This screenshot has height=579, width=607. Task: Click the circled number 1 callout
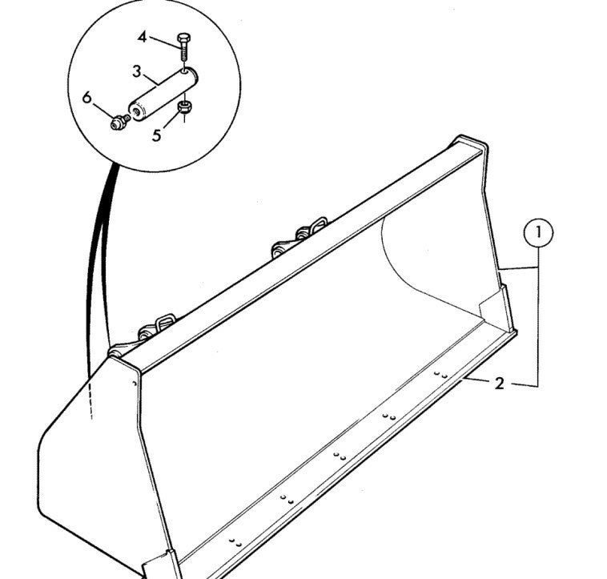(x=538, y=233)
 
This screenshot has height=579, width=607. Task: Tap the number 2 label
(x=500, y=383)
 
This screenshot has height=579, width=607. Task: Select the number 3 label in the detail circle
(x=137, y=71)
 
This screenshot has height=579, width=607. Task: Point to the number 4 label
(x=143, y=38)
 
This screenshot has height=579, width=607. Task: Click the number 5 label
(x=156, y=135)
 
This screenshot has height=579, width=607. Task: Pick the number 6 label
(x=87, y=97)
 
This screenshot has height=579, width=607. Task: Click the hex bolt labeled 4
(x=183, y=46)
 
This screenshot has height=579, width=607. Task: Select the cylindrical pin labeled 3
(x=163, y=94)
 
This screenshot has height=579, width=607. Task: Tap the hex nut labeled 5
(x=185, y=107)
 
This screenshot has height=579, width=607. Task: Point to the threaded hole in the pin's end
(x=136, y=112)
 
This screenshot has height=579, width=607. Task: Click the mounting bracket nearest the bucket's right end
(x=299, y=237)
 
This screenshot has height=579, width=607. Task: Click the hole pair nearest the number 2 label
(x=441, y=375)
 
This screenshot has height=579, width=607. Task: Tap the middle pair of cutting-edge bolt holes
(x=340, y=456)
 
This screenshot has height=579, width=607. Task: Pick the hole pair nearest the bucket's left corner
(x=235, y=542)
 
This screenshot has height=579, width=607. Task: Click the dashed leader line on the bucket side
(x=90, y=398)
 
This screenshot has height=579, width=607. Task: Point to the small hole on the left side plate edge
(x=135, y=384)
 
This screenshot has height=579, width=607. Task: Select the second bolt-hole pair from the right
(x=389, y=417)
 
